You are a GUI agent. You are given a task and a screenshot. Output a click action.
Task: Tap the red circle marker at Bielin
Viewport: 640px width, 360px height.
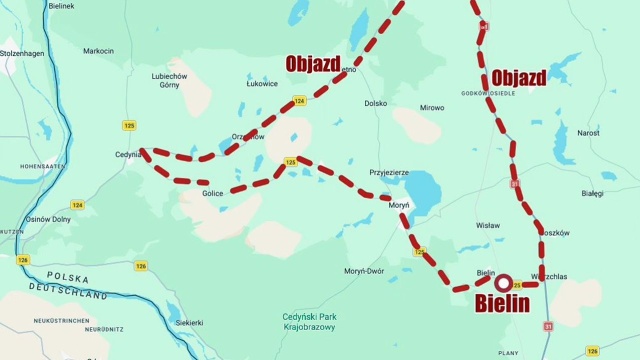click(x=503, y=283)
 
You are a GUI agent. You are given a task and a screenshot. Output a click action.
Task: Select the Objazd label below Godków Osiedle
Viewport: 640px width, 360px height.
click(x=518, y=78)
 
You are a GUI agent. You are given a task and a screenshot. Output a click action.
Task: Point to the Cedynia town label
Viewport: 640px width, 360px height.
click(x=129, y=154)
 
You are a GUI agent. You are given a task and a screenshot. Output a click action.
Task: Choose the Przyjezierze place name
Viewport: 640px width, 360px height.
click(x=390, y=172)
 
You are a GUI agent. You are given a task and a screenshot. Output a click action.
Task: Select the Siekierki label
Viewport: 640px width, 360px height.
click(x=189, y=322)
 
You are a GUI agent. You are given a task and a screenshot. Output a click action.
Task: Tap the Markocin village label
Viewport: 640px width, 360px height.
click(x=98, y=50)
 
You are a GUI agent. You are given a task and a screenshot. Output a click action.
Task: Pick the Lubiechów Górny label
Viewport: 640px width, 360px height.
click(x=170, y=80)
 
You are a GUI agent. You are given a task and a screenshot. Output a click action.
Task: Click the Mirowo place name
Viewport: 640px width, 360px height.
click(x=431, y=107)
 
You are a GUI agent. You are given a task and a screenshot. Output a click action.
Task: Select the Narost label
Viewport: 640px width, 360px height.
click(x=588, y=132)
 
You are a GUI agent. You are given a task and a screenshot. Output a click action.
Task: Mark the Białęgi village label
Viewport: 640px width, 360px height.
click(x=592, y=193)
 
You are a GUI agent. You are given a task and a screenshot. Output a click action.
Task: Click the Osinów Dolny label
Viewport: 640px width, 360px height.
click(x=48, y=219)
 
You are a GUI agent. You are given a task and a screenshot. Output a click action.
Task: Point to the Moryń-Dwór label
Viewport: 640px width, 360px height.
click(x=364, y=271)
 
